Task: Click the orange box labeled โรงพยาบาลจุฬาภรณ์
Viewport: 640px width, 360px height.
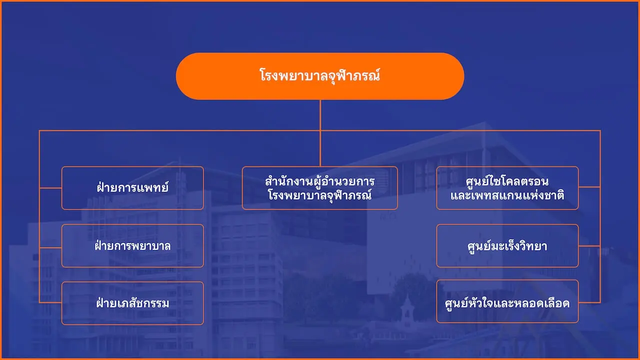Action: coord(320,76)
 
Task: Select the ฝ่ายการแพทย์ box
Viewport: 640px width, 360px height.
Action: coord(132,188)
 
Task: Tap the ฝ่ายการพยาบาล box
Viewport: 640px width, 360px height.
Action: coord(132,245)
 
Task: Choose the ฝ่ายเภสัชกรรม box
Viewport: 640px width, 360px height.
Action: coord(132,303)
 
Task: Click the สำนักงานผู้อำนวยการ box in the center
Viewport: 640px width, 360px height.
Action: coord(319,188)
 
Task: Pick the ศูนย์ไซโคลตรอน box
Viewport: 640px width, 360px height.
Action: coord(507,188)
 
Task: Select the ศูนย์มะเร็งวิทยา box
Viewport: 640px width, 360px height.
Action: coord(507,245)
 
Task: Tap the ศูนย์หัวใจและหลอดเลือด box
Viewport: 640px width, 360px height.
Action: coord(507,301)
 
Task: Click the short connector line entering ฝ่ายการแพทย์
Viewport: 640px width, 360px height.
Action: coord(50,188)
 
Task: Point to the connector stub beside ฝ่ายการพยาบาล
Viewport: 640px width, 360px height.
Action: coord(50,247)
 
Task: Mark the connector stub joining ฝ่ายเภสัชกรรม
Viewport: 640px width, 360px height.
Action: coord(50,302)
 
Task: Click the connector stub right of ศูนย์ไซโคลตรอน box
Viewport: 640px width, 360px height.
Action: coord(589,187)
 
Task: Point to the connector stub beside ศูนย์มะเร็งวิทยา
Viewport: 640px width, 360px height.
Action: coord(589,245)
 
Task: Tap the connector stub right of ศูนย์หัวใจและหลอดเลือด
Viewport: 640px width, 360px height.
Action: coord(589,302)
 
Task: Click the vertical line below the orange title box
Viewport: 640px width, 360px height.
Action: coord(320,133)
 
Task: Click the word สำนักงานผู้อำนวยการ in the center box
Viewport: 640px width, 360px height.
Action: coord(319,181)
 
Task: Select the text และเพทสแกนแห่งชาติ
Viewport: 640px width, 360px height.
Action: coord(507,195)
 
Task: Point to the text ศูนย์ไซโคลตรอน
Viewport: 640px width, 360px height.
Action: coord(507,181)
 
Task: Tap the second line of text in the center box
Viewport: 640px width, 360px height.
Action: coord(319,195)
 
